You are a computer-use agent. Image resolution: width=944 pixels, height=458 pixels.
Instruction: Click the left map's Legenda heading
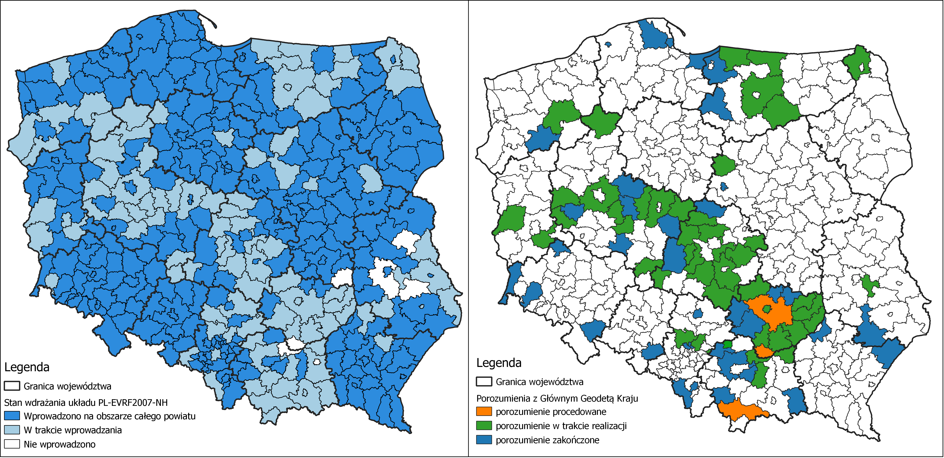(27, 367)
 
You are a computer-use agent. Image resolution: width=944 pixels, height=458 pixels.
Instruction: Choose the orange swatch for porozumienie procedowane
(484, 412)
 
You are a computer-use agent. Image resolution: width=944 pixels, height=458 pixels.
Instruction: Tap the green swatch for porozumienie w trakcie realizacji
(484, 426)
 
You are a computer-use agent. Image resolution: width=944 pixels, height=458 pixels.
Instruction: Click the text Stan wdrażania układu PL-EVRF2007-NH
(86, 403)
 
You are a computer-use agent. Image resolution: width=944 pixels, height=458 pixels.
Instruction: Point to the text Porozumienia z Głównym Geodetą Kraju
(557, 398)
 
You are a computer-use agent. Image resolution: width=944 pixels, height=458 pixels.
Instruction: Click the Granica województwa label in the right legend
(539, 382)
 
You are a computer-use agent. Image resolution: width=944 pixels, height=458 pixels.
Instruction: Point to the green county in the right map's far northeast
(858, 60)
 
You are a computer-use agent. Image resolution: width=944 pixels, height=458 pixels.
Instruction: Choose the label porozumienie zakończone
(548, 440)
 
